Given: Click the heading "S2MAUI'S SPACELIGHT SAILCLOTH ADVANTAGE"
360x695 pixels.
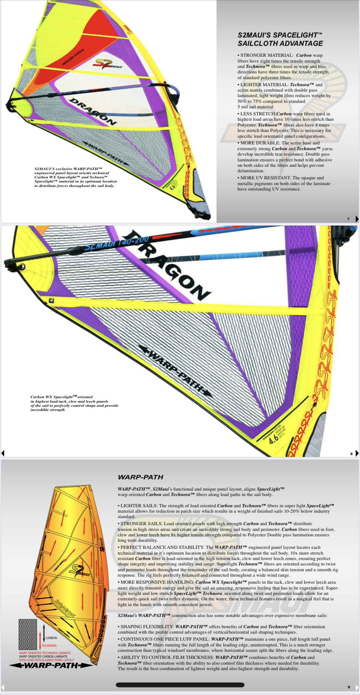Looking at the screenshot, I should pos(280,39).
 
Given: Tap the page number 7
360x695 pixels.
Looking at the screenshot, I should pos(348,219).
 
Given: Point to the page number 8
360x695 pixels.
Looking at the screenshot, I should pos(351,453).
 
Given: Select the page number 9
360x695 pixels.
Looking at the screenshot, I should pos(349,687).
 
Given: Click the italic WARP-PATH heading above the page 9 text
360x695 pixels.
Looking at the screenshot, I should pos(140,477).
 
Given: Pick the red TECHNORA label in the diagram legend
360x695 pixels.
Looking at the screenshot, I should pos(49,645).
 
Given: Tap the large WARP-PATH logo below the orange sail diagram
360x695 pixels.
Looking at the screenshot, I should pos(51,666).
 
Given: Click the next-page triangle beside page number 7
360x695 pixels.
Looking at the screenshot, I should pos(357,219).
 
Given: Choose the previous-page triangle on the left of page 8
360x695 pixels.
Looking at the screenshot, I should pos(3,453).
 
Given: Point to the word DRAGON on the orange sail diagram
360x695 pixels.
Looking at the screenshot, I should pos(65,608).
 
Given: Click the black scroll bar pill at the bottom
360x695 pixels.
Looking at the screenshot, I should pos(180,685).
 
